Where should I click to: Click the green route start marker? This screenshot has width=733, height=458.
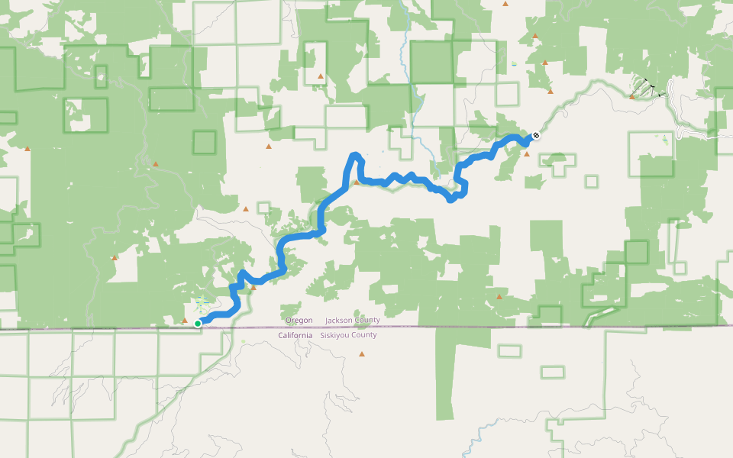point(198,324)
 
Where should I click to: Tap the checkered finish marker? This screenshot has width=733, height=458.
point(536,135)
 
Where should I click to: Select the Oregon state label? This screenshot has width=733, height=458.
point(299,320)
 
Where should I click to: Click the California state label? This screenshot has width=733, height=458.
point(295,335)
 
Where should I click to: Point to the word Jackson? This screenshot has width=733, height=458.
point(341,320)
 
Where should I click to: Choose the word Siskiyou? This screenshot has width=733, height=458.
point(337,335)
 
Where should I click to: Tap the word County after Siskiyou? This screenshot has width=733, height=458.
point(363,335)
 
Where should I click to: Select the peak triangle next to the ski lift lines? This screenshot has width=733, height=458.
point(632,97)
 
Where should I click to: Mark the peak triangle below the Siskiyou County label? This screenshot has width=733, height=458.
point(362,354)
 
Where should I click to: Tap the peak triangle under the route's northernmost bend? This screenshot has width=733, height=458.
point(356,182)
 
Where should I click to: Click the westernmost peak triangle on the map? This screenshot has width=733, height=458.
point(27,149)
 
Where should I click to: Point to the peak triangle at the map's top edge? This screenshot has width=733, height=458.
point(505,4)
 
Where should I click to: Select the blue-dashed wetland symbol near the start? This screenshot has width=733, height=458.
point(202,304)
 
